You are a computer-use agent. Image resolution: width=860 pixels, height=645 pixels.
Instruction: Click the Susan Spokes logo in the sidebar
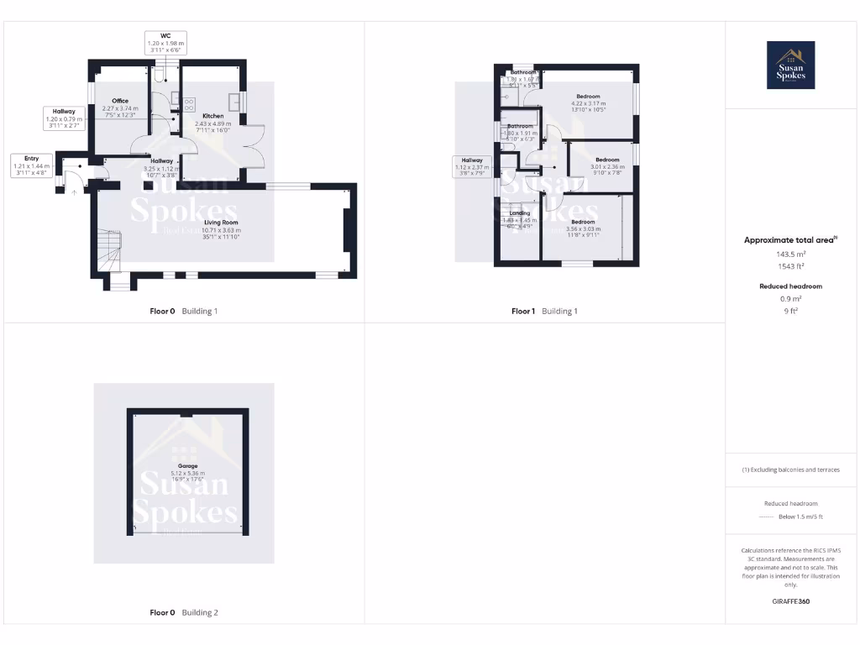pos(791,66)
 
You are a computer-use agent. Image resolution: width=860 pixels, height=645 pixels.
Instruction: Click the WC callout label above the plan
pos(165,43)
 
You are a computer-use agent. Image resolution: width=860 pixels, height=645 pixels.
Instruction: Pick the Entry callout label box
pos(31,165)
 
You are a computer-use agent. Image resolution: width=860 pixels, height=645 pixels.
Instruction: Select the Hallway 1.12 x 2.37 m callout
pos(471,167)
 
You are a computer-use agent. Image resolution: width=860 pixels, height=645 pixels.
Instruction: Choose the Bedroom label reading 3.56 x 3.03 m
pos(583,228)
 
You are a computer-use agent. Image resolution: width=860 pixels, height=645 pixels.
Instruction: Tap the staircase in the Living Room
pos(110,249)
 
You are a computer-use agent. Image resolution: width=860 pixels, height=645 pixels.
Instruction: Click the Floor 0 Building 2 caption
pos(183,612)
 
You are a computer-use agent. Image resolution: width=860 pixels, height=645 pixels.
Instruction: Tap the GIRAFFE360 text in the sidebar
pos(790,601)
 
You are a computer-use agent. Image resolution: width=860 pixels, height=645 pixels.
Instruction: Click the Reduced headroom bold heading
pos(790,286)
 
